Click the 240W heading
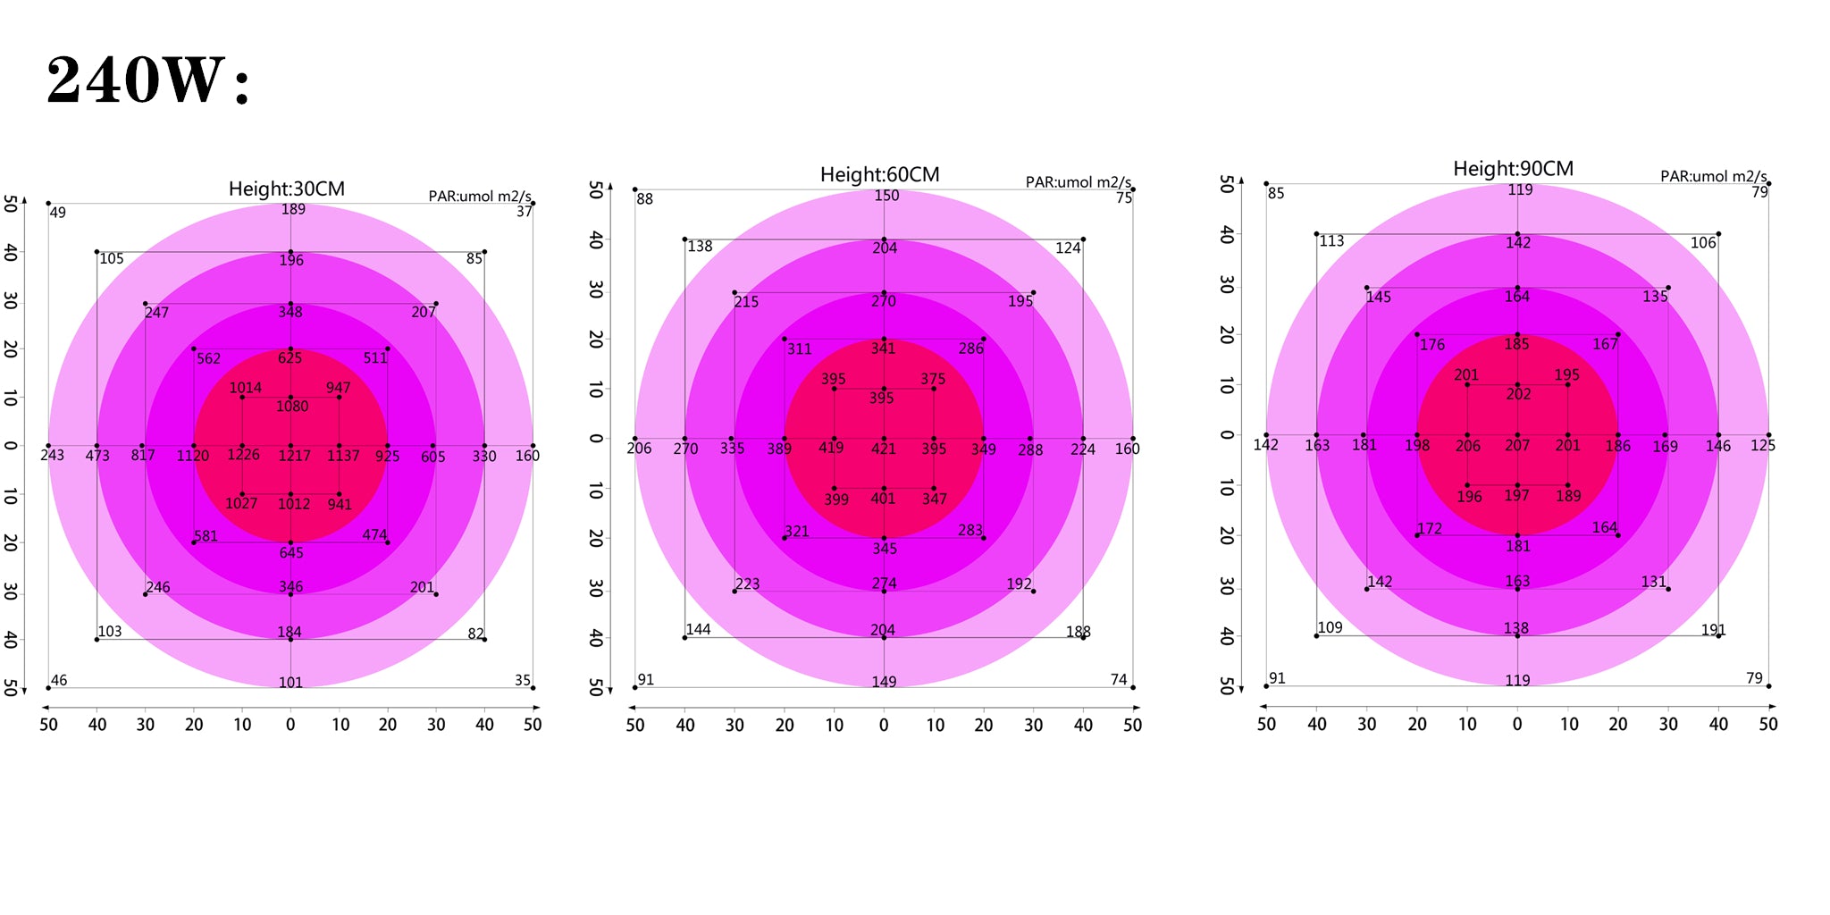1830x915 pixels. (x=148, y=80)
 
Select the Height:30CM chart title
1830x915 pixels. (x=286, y=189)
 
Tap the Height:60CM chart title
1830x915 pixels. (x=879, y=175)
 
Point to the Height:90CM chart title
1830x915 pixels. (x=1513, y=169)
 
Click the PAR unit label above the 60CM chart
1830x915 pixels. (x=1078, y=182)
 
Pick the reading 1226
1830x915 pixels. (x=243, y=455)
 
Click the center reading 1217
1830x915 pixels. (x=294, y=456)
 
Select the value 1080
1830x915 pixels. (x=292, y=407)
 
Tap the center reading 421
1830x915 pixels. (x=883, y=449)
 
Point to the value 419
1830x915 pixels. (x=831, y=448)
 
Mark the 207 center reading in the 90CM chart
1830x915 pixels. (x=1517, y=445)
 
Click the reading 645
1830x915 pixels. (x=291, y=553)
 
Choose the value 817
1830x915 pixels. (x=143, y=456)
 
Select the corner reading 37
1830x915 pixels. (x=525, y=212)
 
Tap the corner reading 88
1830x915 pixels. (x=644, y=199)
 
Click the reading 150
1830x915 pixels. (x=886, y=196)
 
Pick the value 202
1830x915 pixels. (x=1518, y=394)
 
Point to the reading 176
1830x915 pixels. (x=1431, y=345)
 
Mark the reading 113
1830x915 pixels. (x=1331, y=241)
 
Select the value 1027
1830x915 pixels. (x=241, y=504)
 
